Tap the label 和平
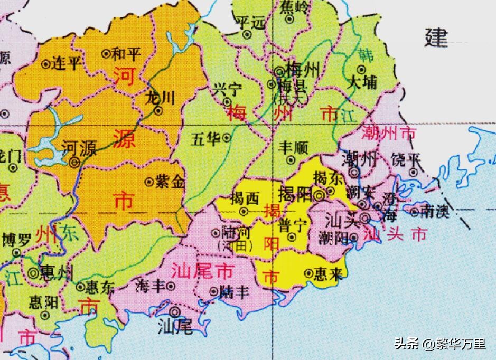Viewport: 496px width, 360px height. (x=127, y=53)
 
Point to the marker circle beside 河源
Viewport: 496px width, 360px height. (x=74, y=163)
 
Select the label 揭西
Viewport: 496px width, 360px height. (x=245, y=199)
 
